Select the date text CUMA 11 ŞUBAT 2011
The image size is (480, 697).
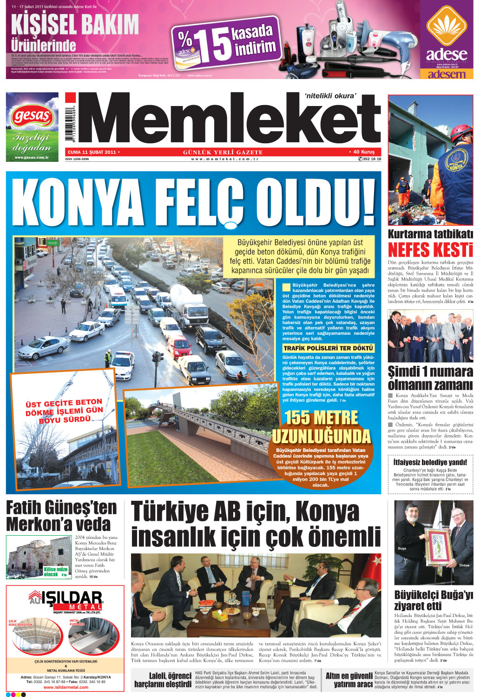tap(92, 152)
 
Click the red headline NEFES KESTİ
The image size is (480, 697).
tap(430, 250)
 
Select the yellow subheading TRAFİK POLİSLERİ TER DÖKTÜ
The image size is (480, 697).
tap(328, 348)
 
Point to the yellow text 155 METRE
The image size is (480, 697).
tap(321, 417)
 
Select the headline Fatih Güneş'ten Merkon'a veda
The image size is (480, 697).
tap(61, 515)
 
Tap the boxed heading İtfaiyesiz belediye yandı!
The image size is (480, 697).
tap(430, 462)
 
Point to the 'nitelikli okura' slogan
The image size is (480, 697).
tap(330, 96)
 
